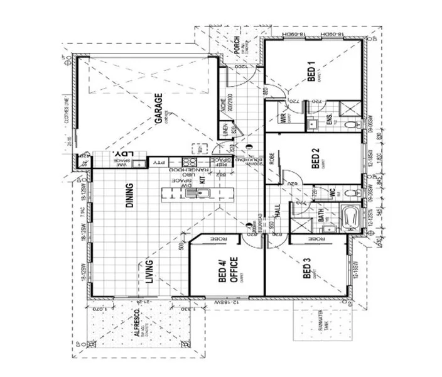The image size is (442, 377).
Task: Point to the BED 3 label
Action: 307,270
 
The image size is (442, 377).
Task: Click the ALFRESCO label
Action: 137,324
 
